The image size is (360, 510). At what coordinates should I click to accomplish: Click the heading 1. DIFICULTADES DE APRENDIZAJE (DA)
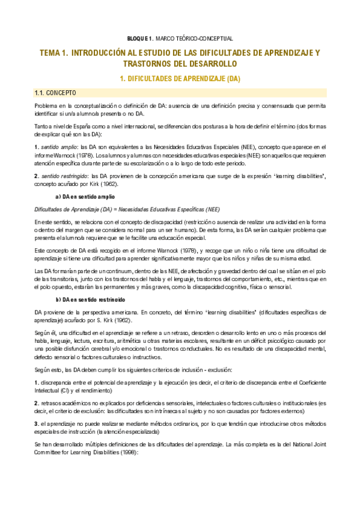pos(180,78)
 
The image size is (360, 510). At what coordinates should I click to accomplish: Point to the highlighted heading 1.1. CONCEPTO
pos(55,93)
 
